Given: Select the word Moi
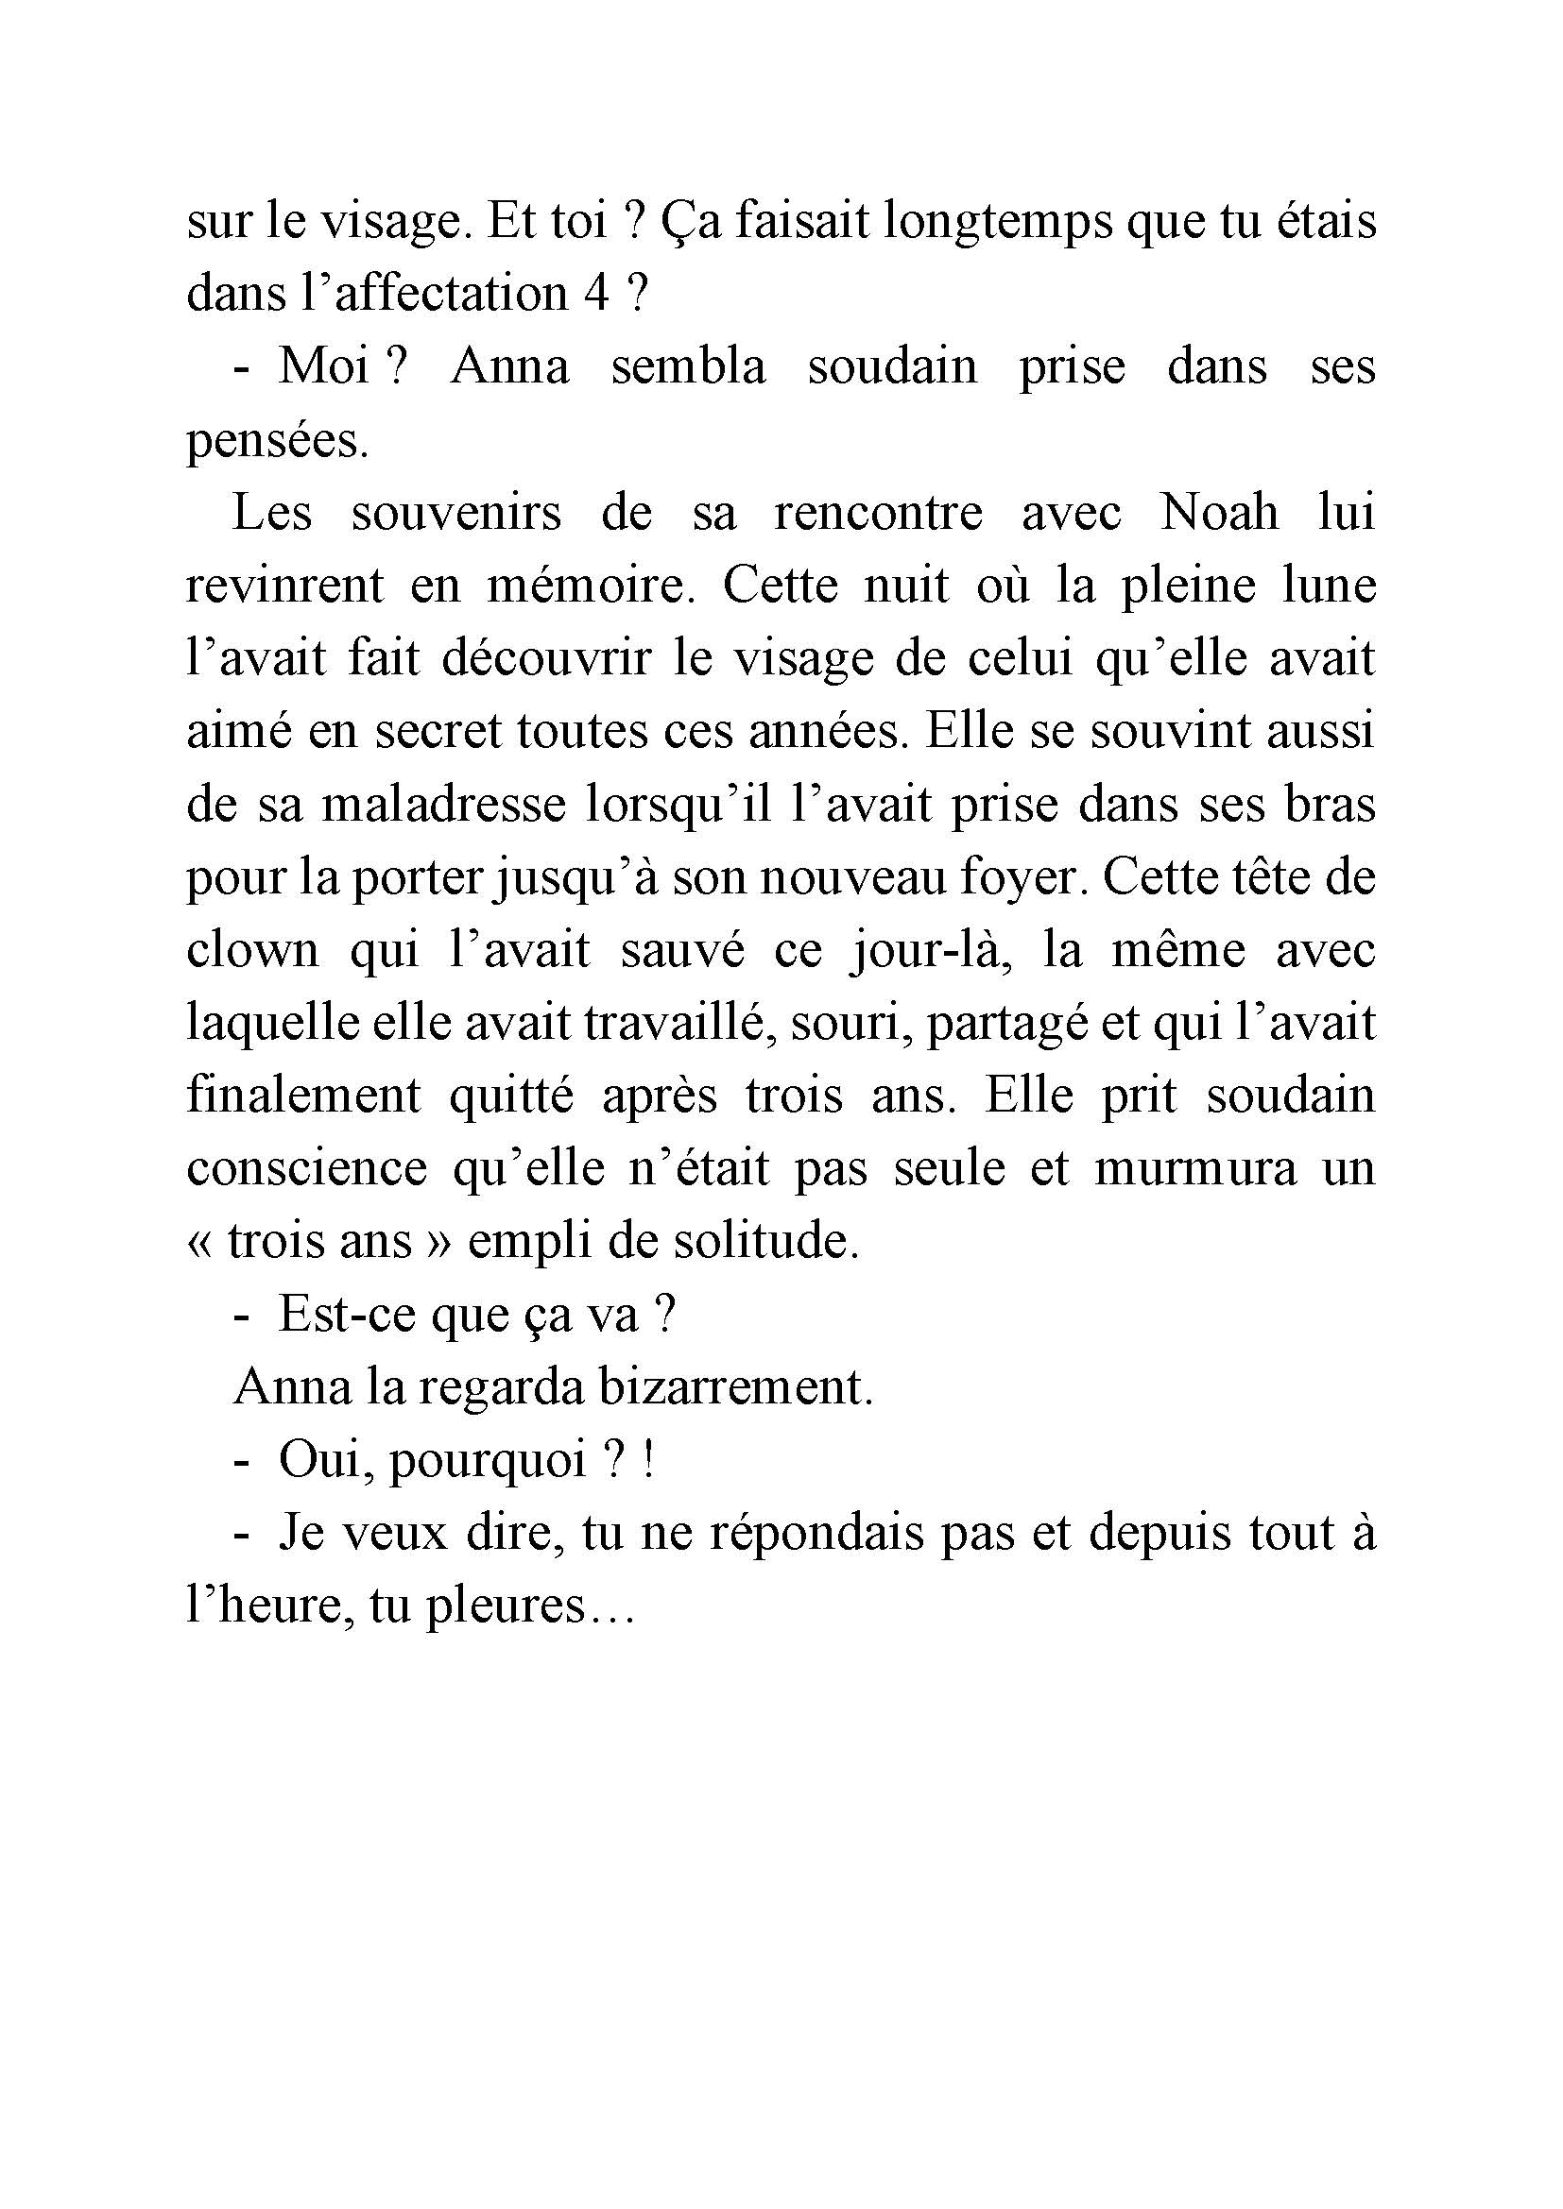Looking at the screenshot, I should [x=324, y=366].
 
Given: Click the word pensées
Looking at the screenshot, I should [x=277, y=442].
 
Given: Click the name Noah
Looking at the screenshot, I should [x=1219, y=513].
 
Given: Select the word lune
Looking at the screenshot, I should [x=1328, y=586].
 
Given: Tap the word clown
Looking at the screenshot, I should [x=252, y=951].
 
